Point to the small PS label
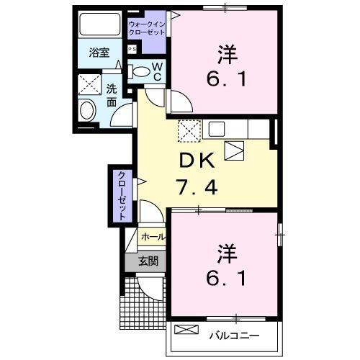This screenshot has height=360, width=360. click(132, 49)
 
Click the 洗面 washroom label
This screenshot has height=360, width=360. click(112, 96)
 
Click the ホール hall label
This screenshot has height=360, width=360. click(151, 236)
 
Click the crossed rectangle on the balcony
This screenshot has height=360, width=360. click(186, 330)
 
